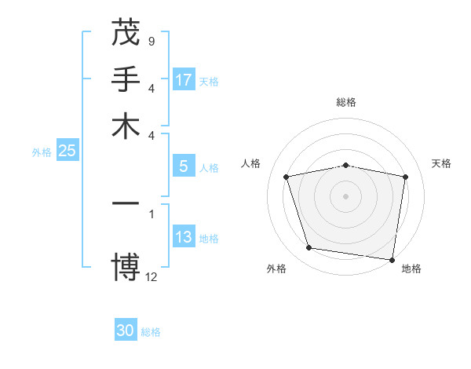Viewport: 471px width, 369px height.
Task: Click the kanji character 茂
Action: [126, 33]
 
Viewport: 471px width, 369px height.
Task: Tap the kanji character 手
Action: [126, 80]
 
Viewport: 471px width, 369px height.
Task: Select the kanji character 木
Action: [126, 127]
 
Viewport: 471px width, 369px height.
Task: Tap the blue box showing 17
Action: [184, 80]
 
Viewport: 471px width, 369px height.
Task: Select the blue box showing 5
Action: [184, 166]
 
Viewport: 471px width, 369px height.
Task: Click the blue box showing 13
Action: [184, 237]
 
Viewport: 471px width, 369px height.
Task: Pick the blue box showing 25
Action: [67, 151]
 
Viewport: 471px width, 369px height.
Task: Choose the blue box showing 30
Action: [126, 331]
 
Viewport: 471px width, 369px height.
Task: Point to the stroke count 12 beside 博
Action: [152, 276]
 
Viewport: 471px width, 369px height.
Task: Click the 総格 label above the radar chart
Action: [346, 102]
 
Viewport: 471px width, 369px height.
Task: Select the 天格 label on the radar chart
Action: [442, 163]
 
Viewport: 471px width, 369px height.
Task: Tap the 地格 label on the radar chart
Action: [411, 269]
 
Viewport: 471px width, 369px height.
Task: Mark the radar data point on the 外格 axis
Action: [309, 248]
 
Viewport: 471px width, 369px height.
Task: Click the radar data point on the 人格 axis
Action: [287, 177]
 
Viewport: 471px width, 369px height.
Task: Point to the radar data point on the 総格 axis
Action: [346, 166]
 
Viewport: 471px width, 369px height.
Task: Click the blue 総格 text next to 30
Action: [151, 332]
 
